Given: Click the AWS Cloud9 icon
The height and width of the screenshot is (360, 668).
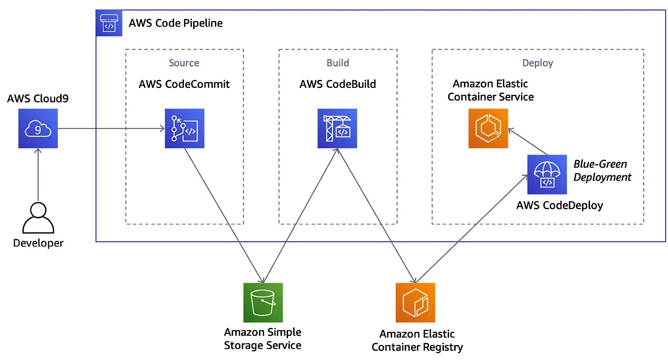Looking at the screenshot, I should click(x=38, y=128).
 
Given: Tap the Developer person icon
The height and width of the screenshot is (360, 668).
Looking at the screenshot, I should click(x=38, y=218).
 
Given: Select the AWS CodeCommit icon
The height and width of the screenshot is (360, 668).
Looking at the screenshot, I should click(x=184, y=128).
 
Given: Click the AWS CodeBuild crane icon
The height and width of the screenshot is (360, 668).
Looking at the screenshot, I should click(x=337, y=128).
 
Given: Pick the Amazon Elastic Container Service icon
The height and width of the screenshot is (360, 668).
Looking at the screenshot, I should click(x=488, y=128).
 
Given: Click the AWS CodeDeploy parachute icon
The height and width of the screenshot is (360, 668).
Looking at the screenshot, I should click(x=547, y=174).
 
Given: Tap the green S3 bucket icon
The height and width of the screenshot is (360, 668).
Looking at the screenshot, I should click(x=263, y=303).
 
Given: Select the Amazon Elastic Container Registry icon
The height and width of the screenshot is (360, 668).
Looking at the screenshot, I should click(x=415, y=303).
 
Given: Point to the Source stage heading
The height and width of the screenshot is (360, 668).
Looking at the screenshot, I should click(x=184, y=63).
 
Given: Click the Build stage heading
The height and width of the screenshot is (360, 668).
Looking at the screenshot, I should click(x=338, y=63).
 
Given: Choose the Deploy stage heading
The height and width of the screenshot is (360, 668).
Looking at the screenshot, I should click(x=538, y=63).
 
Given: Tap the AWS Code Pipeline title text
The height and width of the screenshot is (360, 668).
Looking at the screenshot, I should click(x=176, y=23).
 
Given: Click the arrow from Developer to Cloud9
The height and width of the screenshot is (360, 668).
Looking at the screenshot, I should click(x=38, y=175).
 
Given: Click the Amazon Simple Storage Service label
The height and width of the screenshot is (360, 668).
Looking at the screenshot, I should click(x=263, y=339).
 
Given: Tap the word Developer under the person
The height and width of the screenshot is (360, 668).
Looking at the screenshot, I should click(x=38, y=243).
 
